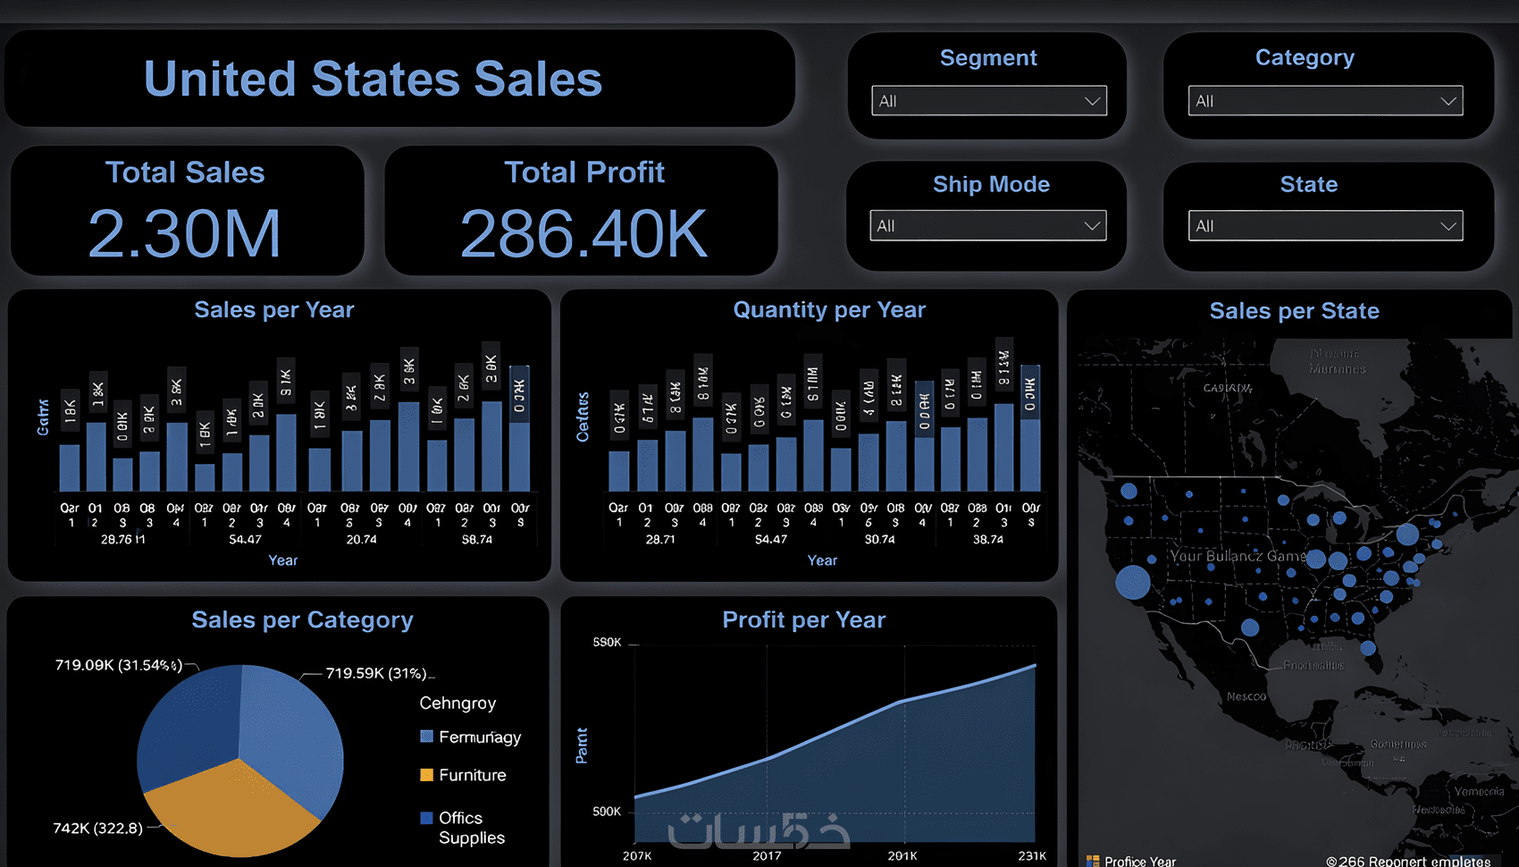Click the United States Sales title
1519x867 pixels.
[x=373, y=79]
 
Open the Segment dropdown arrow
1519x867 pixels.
[x=1091, y=101]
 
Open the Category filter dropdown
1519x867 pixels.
[x=1324, y=101]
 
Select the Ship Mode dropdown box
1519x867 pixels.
[x=987, y=226]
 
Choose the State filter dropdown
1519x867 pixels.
[x=1324, y=226]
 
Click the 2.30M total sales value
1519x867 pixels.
[x=185, y=234]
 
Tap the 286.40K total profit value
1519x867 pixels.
[x=583, y=234]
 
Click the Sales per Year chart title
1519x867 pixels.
[x=274, y=310]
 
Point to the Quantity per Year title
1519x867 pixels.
[x=829, y=310]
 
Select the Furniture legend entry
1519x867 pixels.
[x=472, y=775]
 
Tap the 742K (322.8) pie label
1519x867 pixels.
[x=97, y=828]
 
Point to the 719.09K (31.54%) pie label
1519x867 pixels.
[x=119, y=665]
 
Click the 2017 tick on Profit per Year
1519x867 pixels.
[x=767, y=855]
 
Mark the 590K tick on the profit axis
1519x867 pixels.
[x=607, y=643]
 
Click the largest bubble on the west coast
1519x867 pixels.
[x=1133, y=582]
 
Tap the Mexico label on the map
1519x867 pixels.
[x=1246, y=696]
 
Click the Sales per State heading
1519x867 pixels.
[x=1294, y=311]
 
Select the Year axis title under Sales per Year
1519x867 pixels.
[x=283, y=560]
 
